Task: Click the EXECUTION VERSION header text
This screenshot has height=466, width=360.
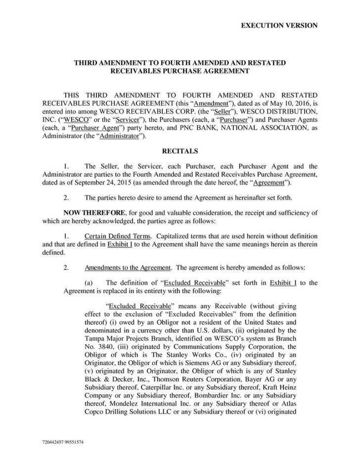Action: (x=279, y=25)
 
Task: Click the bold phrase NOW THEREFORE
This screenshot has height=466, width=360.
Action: (x=91, y=212)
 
